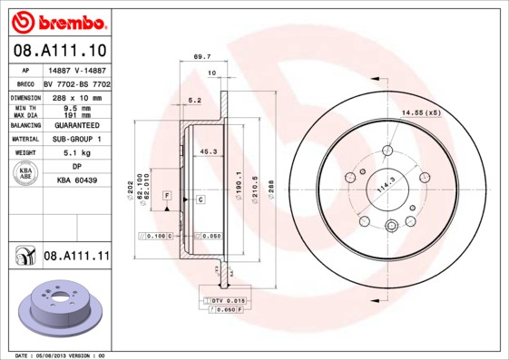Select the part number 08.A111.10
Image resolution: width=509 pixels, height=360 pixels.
pyautogui.click(x=59, y=51)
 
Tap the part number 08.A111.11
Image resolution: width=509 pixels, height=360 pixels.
pyautogui.click(x=76, y=257)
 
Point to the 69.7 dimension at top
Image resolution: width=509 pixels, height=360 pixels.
pyautogui.click(x=201, y=56)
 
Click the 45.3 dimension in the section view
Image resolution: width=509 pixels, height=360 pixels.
pyautogui.click(x=207, y=152)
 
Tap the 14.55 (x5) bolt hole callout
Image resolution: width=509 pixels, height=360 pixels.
pyautogui.click(x=420, y=112)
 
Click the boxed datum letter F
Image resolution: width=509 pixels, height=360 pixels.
pyautogui.click(x=167, y=196)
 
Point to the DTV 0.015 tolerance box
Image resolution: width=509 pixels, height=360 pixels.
pyautogui.click(x=228, y=299)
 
